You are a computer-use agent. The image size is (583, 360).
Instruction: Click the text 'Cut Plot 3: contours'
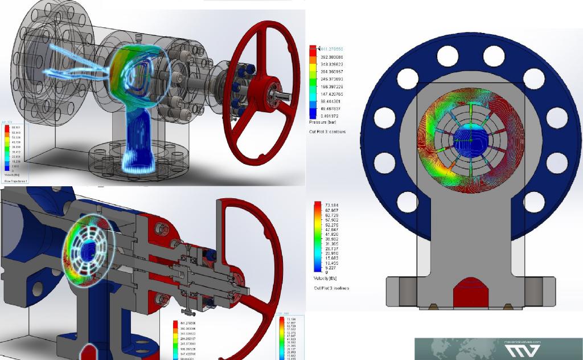[327, 132]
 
